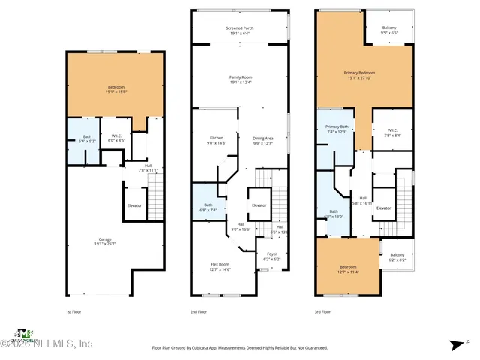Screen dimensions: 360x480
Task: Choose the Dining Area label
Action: point(262,140)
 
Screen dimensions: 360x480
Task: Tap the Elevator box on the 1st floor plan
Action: point(133,205)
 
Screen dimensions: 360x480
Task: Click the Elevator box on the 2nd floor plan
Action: point(259,205)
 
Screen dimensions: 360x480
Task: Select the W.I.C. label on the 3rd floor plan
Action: point(392,133)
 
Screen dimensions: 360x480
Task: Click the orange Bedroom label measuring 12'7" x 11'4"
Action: point(349,269)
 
